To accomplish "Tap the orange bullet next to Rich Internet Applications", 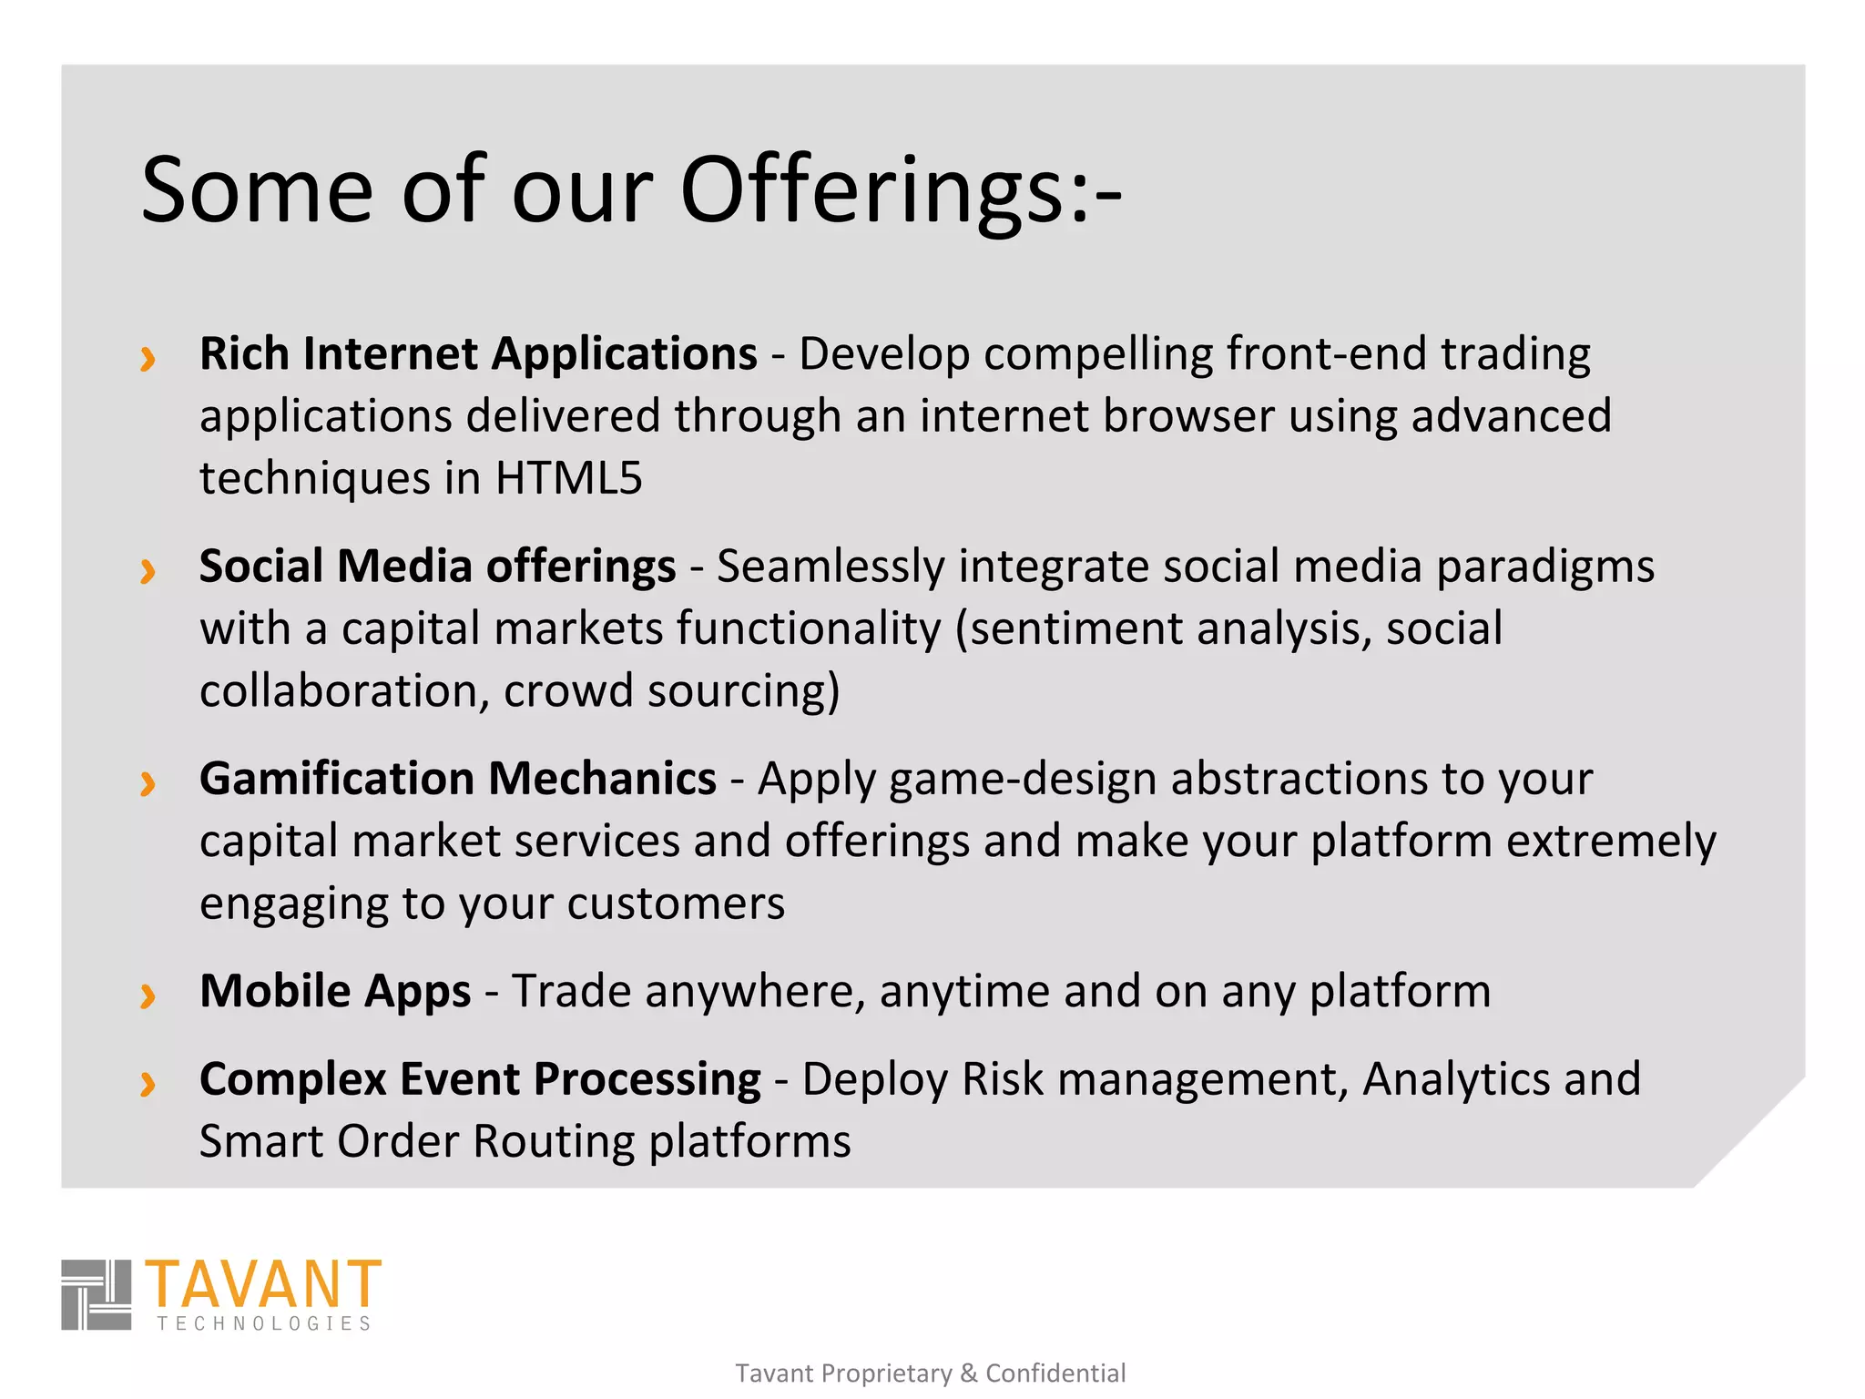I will pyautogui.click(x=148, y=359).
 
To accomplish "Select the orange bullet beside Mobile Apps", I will pyautogui.click(x=148, y=996).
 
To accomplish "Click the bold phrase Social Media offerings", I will pyautogui.click(x=437, y=567).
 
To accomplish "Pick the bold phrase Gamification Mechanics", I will pyautogui.click(x=458, y=779).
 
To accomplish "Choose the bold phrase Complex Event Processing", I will pyautogui.click(x=480, y=1079).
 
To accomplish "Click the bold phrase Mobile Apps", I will pyautogui.click(x=335, y=991).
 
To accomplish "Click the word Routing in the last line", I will pyautogui.click(x=553, y=1142).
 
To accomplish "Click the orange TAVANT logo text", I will pyautogui.click(x=263, y=1284).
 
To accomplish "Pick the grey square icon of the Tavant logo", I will pyautogui.click(x=97, y=1294).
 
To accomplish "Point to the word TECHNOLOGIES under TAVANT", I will pyautogui.click(x=264, y=1323).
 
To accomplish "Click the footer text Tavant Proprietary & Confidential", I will pyautogui.click(x=930, y=1373).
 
